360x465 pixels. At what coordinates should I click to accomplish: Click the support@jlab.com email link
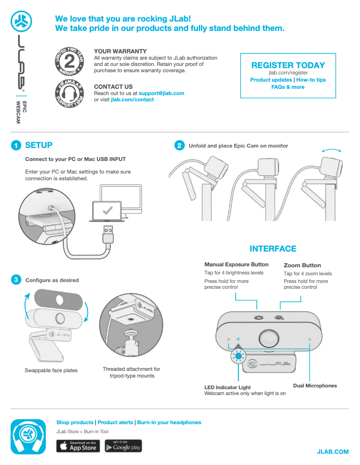pos(162,93)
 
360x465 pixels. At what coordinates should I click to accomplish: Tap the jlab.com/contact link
pos(132,100)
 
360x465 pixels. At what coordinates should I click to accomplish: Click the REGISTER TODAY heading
pos(288,65)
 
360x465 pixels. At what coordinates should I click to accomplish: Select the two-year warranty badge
pos(70,61)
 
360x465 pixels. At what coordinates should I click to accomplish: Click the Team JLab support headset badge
pos(70,94)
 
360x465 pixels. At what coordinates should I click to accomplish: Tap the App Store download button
pos(78,446)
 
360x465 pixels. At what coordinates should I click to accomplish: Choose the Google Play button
pos(123,446)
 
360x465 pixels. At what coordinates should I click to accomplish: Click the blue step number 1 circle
pos(16,145)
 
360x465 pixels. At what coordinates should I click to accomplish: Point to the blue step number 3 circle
pos(16,280)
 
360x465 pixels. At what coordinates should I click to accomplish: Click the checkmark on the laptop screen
pos(107,210)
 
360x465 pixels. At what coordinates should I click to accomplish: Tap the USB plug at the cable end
pos(108,235)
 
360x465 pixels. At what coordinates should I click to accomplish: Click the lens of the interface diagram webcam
pos(269,338)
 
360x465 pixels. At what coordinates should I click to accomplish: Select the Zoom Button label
pos(302,265)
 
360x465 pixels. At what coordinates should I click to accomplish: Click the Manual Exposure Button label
pos(236,265)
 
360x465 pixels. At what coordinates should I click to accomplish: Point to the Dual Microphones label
pos(315,386)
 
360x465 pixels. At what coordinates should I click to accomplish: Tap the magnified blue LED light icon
pos(238,356)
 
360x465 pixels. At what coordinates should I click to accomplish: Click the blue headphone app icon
pos(28,437)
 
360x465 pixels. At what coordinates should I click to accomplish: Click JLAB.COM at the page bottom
pos(333,452)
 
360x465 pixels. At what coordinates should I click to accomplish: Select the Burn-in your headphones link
pos(169,422)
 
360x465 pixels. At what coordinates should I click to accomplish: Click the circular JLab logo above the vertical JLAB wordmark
pos(22,22)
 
